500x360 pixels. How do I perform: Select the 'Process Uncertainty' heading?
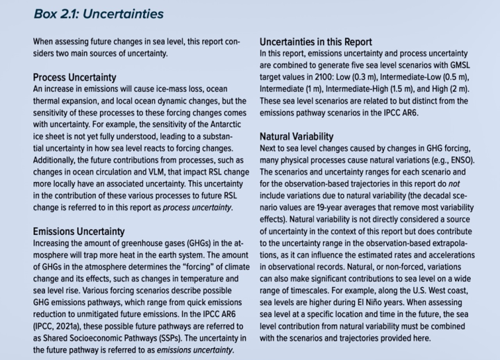[74, 77]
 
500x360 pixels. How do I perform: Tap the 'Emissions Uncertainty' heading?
[79, 231]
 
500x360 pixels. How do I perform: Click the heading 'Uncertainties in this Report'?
[316, 42]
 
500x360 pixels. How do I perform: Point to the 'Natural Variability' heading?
[297, 137]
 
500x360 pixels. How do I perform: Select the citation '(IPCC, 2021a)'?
[60, 327]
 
